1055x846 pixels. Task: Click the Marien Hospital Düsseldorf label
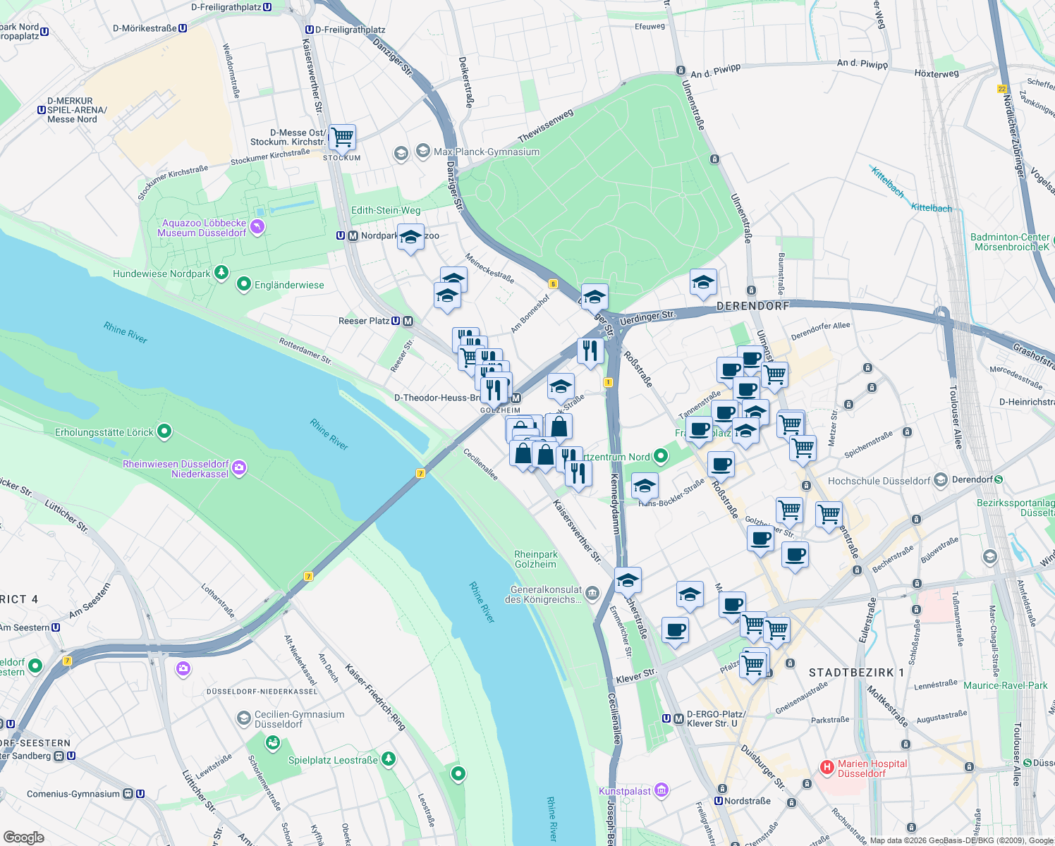[x=872, y=768]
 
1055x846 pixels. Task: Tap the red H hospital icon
[x=827, y=766]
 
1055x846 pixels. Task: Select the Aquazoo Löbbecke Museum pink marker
[x=257, y=226]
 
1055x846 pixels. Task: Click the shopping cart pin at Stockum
[x=342, y=136]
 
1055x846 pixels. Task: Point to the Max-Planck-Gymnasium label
[x=487, y=152]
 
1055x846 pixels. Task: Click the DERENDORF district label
[x=752, y=306]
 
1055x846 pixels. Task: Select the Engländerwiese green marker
[x=244, y=285]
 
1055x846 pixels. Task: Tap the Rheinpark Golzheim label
[x=536, y=559]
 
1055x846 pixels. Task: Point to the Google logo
[x=23, y=837]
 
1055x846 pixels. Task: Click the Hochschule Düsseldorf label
[x=879, y=481]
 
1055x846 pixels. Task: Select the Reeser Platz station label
[x=364, y=321]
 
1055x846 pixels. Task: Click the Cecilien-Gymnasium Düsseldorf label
[x=299, y=719]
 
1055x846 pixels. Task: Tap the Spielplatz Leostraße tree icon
[x=388, y=759]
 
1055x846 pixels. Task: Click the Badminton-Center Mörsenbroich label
[x=1010, y=242]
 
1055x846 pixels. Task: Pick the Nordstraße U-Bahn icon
[x=719, y=801]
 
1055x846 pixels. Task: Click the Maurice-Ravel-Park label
[x=1006, y=685]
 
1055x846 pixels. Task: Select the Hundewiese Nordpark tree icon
[x=221, y=272]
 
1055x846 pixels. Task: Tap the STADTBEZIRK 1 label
[x=856, y=673]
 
